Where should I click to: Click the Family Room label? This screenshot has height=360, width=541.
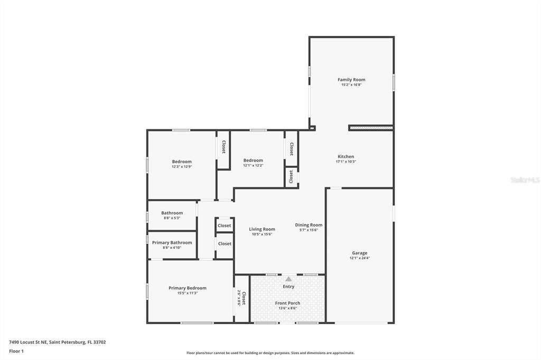351,80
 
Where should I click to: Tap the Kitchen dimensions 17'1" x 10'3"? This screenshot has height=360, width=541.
346,162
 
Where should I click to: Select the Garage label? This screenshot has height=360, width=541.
360,253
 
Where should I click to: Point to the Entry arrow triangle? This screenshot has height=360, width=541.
288,279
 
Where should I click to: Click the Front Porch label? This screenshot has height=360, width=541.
287,303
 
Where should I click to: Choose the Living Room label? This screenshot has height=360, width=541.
262,229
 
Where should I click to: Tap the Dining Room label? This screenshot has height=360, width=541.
309,225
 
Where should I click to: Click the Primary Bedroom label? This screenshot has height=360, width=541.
188,288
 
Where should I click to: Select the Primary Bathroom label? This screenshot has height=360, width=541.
172,242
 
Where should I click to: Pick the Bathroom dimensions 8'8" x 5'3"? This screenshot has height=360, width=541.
172,218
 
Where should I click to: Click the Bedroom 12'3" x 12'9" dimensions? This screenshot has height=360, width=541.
182,167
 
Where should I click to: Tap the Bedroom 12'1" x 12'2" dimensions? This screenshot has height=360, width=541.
253,165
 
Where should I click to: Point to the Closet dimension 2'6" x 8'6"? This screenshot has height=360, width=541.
239,299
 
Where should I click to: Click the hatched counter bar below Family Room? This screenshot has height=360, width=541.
371,128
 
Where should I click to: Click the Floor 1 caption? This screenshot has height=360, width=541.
16,351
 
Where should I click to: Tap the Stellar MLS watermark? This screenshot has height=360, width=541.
525,180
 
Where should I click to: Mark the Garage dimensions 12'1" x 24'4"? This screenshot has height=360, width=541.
360,258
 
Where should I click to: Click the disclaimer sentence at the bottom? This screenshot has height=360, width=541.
270,353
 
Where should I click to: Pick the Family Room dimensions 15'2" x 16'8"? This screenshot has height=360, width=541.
351,84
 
